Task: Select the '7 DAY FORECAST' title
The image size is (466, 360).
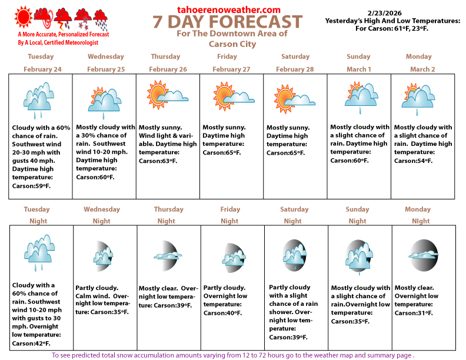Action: tap(228, 23)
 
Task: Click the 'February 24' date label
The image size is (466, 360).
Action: tap(40, 69)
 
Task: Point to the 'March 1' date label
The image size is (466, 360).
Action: tap(358, 69)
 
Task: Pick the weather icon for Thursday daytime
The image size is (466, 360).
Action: tap(168, 94)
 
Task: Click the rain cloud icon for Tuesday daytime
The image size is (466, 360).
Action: tap(40, 97)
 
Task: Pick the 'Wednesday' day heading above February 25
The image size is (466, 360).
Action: tap(106, 57)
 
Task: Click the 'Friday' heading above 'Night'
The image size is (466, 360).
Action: tap(229, 209)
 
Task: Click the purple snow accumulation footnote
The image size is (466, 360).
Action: tap(233, 355)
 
